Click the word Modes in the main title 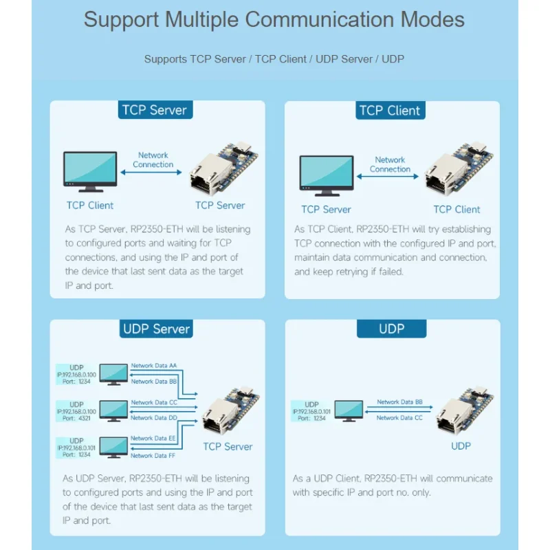point(427,19)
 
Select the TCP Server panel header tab point(154,110)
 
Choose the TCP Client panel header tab point(389,111)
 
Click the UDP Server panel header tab point(155,329)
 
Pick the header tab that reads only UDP point(391,329)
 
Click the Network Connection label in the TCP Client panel point(390,164)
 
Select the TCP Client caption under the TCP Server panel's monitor point(90,205)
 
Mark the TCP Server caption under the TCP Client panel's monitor point(326,209)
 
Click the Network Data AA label point(155,365)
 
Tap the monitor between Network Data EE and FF point(113,447)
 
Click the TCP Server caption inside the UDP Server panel point(228,446)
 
